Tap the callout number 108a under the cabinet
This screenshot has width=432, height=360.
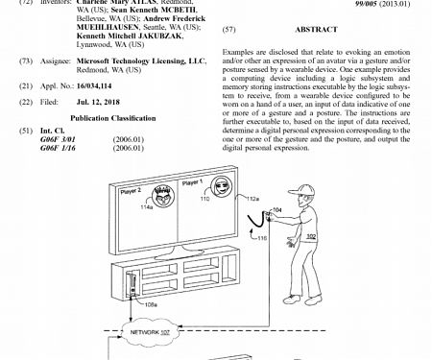150,306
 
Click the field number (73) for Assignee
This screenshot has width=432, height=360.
26,60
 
